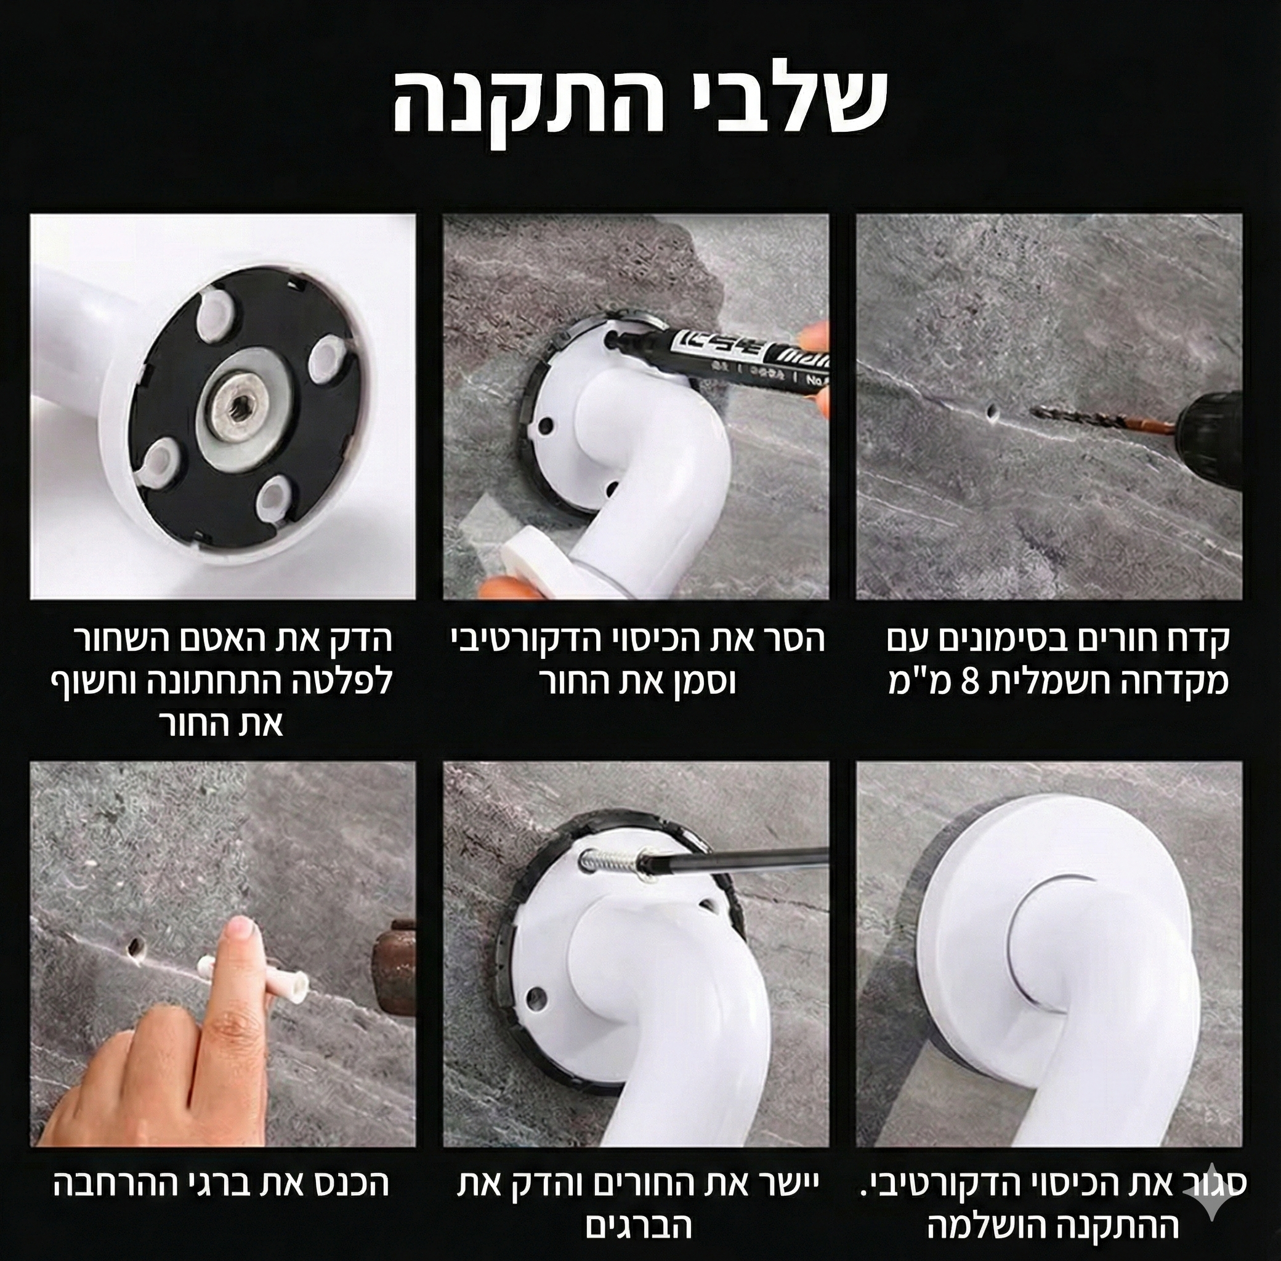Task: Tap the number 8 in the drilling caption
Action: tap(969, 682)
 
